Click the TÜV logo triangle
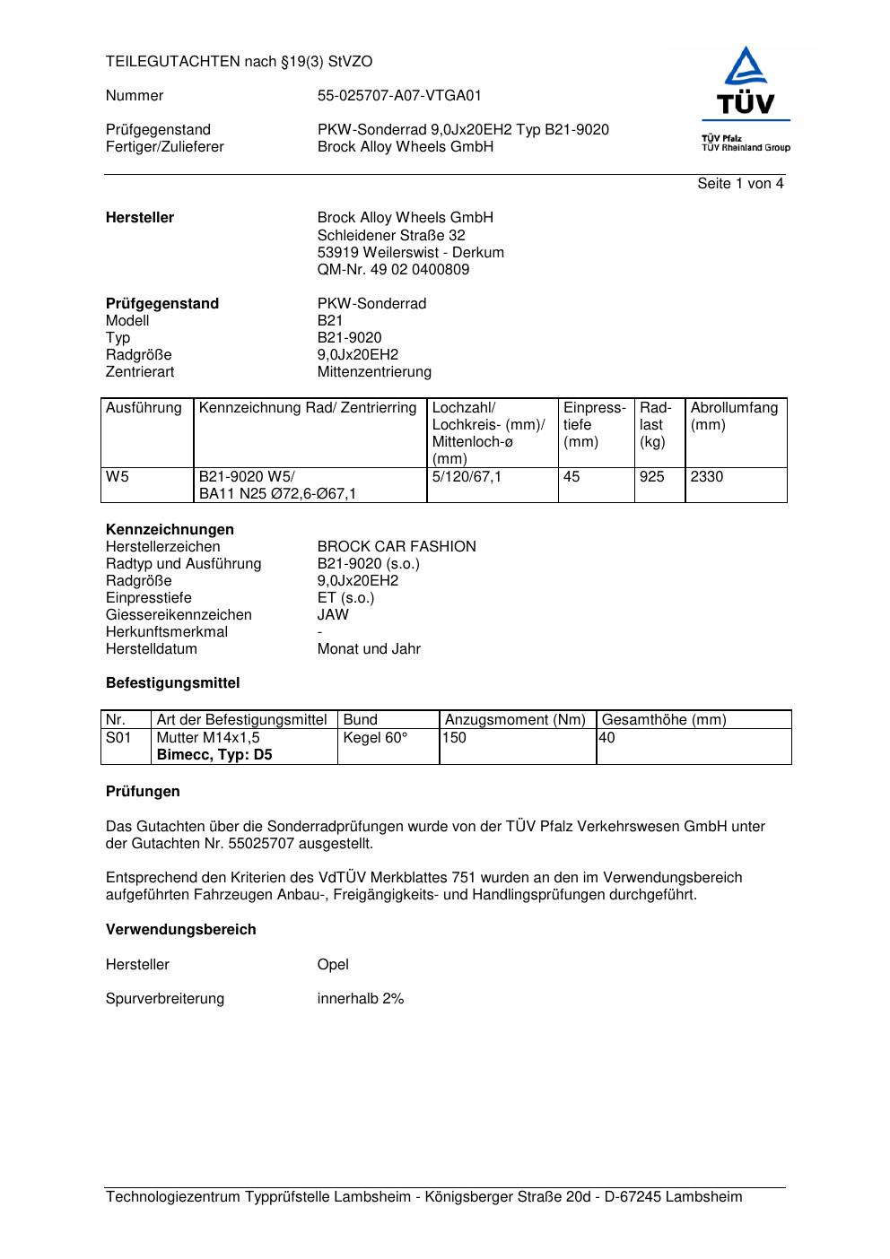(746, 67)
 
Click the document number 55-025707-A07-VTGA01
(399, 96)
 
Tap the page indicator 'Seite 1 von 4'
(740, 184)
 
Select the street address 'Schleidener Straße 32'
(391, 235)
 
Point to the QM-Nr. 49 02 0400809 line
(393, 269)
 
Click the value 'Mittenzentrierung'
(374, 371)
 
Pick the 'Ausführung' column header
(144, 408)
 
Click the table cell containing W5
(118, 477)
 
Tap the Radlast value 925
(651, 477)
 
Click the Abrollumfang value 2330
(706, 477)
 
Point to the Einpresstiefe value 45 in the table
(572, 477)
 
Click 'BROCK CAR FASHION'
(397, 546)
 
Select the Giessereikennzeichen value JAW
(333, 614)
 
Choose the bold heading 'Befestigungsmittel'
(173, 682)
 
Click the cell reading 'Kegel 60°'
(375, 737)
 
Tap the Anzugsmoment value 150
(455, 737)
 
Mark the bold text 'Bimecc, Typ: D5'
(214, 754)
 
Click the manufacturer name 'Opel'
(333, 964)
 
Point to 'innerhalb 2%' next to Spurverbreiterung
(361, 998)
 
